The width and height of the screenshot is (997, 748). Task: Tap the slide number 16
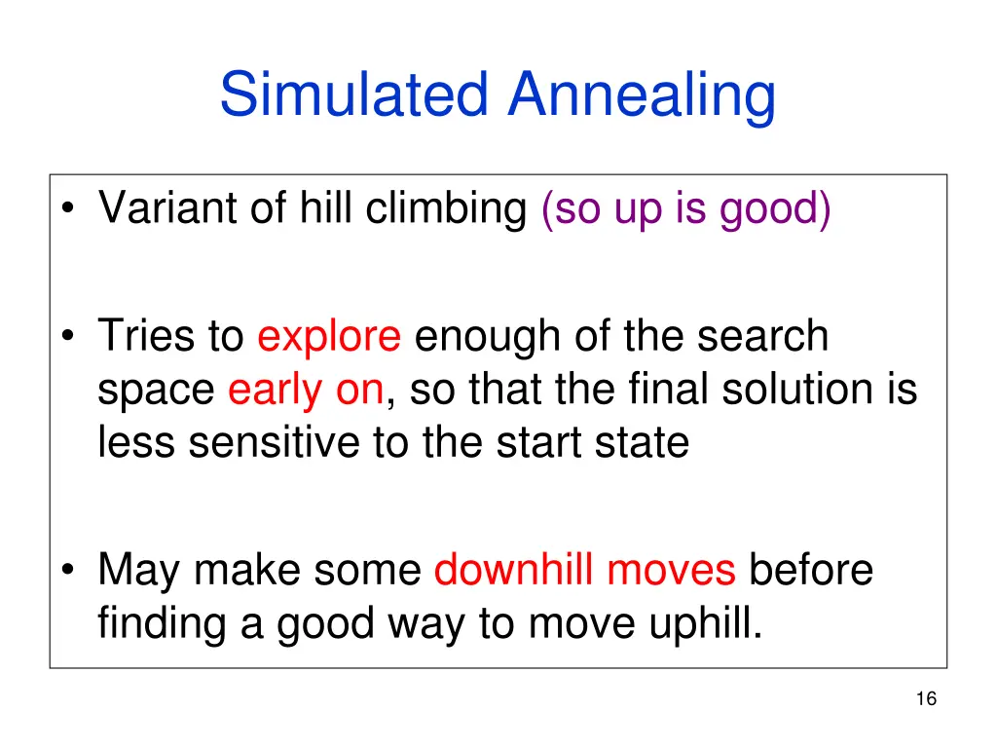pos(926,698)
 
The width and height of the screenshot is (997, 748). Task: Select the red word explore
pos(329,337)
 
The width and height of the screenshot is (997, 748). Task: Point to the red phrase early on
pos(306,391)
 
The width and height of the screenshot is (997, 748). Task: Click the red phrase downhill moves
pos(584,570)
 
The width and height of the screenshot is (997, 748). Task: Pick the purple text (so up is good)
pos(686,208)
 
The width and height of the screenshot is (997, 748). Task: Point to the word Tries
pos(147,337)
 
